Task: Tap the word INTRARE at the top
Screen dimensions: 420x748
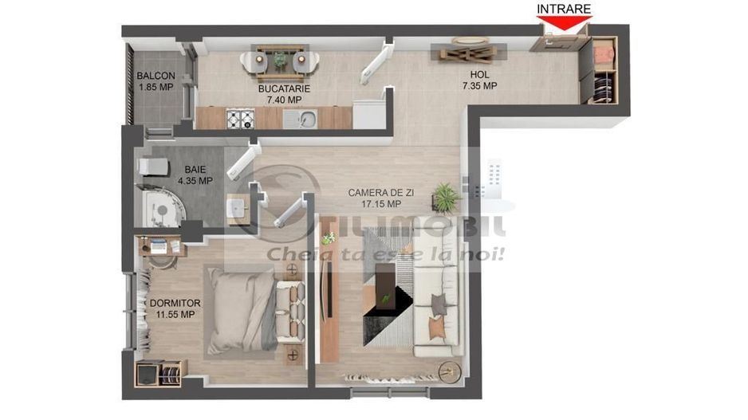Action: [564, 10]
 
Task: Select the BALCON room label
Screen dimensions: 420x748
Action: [156, 81]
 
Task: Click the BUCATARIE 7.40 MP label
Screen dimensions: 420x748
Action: [284, 94]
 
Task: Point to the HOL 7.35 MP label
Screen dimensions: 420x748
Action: [478, 80]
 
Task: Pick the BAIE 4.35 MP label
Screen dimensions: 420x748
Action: [199, 175]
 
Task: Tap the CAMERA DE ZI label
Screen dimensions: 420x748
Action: [380, 198]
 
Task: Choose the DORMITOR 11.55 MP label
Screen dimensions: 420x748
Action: [175, 308]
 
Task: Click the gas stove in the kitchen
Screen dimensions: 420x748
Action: [240, 119]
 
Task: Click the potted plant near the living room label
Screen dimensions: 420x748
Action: [444, 195]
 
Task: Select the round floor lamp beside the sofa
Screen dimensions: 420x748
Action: [447, 371]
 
